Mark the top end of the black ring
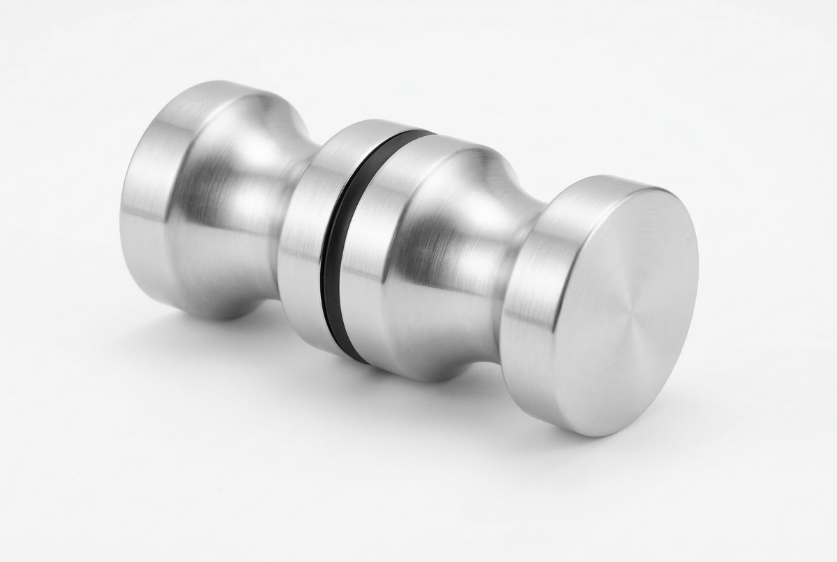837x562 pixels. pyautogui.click(x=418, y=133)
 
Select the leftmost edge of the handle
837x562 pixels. pyautogui.click(x=121, y=209)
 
